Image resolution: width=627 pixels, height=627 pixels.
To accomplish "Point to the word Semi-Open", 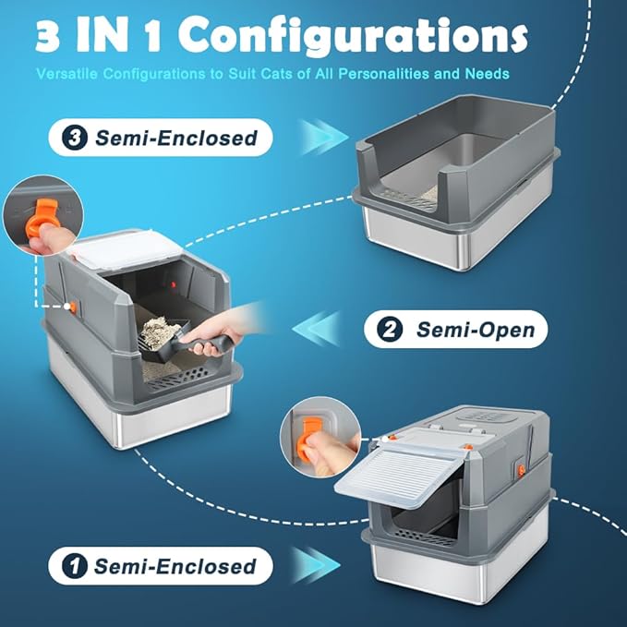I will [x=474, y=329].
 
